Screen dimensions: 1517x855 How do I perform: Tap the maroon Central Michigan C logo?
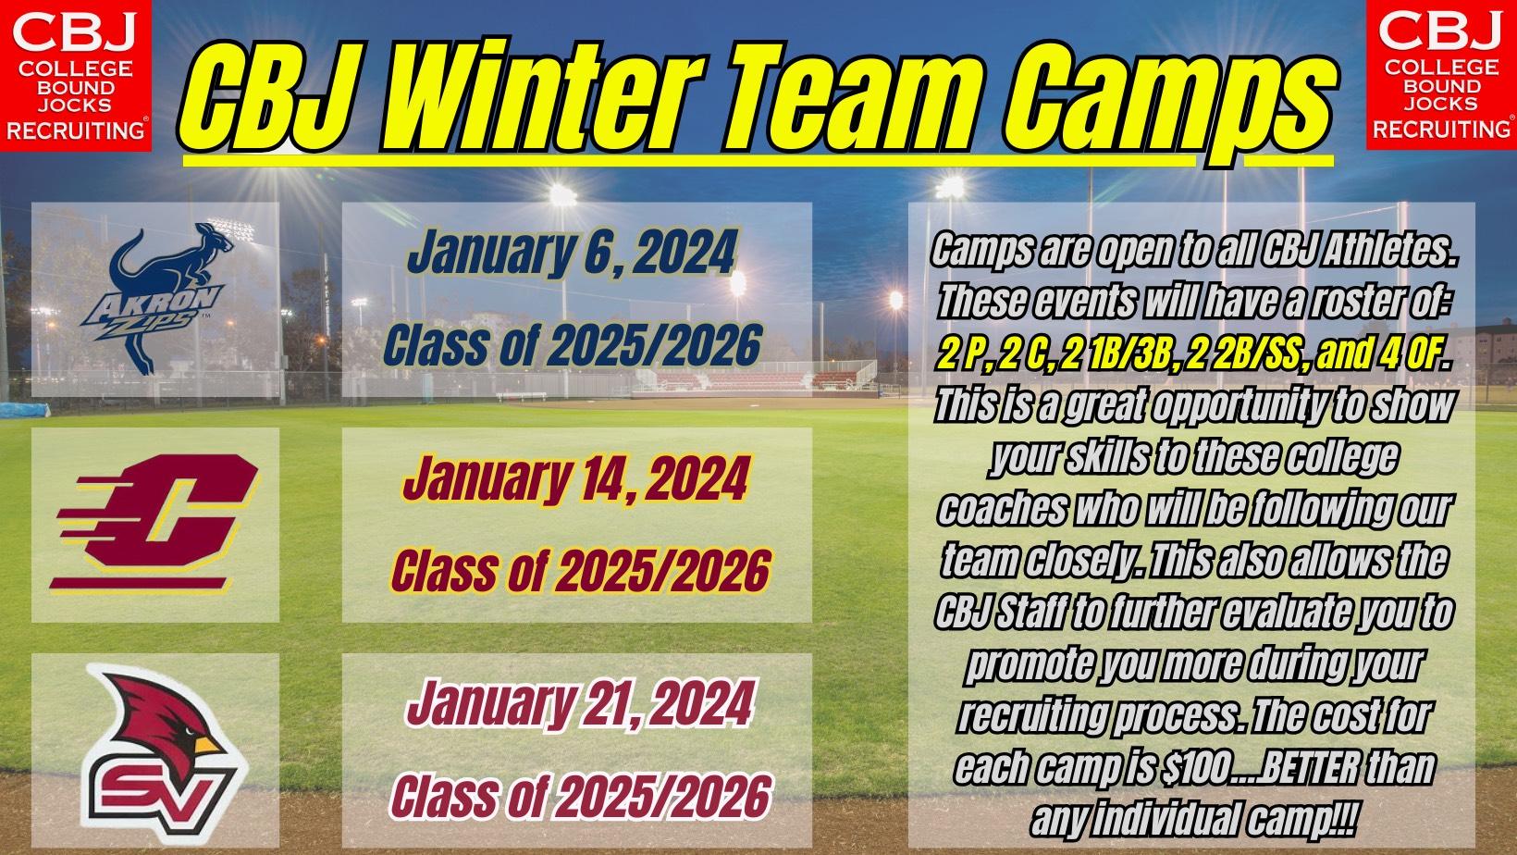pyautogui.click(x=154, y=522)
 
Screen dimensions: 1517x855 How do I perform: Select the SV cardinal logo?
pyautogui.click(x=161, y=753)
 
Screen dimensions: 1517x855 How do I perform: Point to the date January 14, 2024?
pyautogui.click(x=575, y=479)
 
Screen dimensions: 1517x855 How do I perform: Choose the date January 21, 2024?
pyautogui.click(x=579, y=704)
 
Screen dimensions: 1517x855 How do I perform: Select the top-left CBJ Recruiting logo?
pyautogui.click(x=75, y=75)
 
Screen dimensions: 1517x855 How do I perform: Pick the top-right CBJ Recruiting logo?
pyautogui.click(x=1441, y=75)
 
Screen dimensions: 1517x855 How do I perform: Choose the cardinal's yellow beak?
pyautogui.click(x=206, y=745)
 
